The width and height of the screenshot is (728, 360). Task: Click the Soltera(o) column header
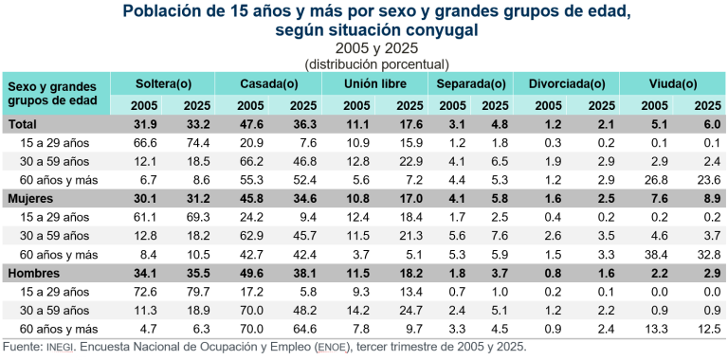[163, 83]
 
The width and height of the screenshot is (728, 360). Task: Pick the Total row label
[23, 124]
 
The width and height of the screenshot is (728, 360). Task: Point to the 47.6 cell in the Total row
[250, 124]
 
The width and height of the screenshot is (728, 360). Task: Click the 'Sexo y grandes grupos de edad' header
[48, 93]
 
